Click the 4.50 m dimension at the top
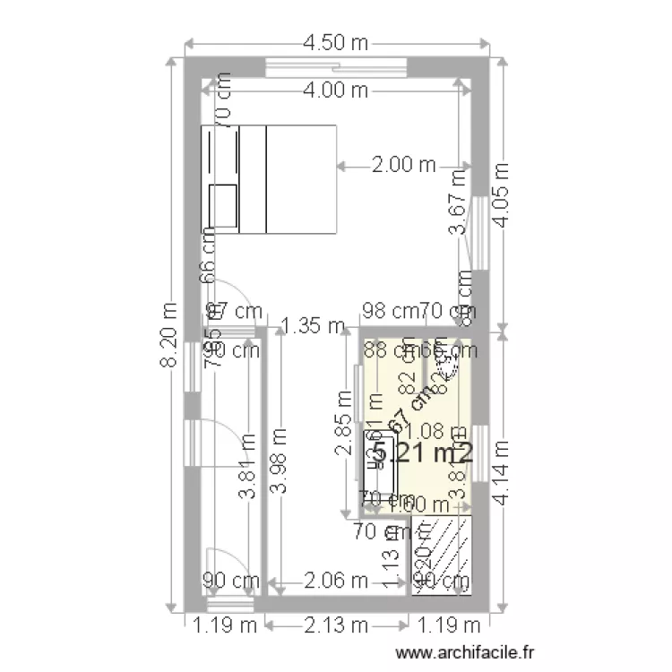(x=336, y=42)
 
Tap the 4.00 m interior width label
(x=336, y=90)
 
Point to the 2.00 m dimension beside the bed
(x=403, y=165)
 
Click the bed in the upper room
(x=268, y=179)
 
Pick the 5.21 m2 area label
(x=422, y=453)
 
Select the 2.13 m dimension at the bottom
(x=337, y=624)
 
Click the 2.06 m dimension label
(x=336, y=581)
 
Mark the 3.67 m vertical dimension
(x=458, y=214)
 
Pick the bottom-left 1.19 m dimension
(x=215, y=624)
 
